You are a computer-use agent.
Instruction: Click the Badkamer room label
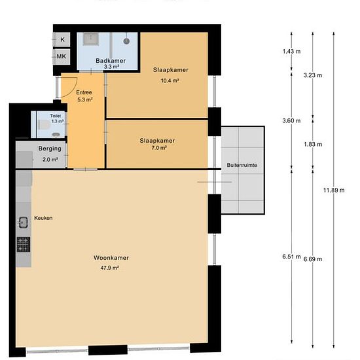pos(111,61)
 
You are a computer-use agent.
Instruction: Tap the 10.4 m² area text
pos(170,81)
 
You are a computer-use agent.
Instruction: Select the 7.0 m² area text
pos(159,148)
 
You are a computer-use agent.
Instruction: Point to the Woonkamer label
pos(111,258)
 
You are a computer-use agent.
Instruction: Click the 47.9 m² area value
pos(109,268)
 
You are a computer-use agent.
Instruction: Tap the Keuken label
pos(43,218)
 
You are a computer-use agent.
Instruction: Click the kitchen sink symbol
pos(23,223)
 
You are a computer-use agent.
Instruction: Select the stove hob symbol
pos(23,245)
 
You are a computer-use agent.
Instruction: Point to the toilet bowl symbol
pos(44,125)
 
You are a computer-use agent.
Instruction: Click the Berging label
pos(50,149)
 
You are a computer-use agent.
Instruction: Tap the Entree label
pos(84,92)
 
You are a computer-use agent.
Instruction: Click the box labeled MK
pos(62,56)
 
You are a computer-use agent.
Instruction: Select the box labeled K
pos(62,39)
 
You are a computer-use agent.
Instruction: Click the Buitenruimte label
pos(242,165)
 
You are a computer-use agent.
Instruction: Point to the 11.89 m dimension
pos(334,190)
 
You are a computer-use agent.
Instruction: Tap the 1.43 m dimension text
pos(291,52)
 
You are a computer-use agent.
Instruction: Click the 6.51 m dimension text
pos(291,257)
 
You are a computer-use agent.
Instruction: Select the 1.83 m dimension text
pos(313,145)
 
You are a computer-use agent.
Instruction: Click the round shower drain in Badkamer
pos(126,41)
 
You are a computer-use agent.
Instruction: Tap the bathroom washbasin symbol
pos(91,39)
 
